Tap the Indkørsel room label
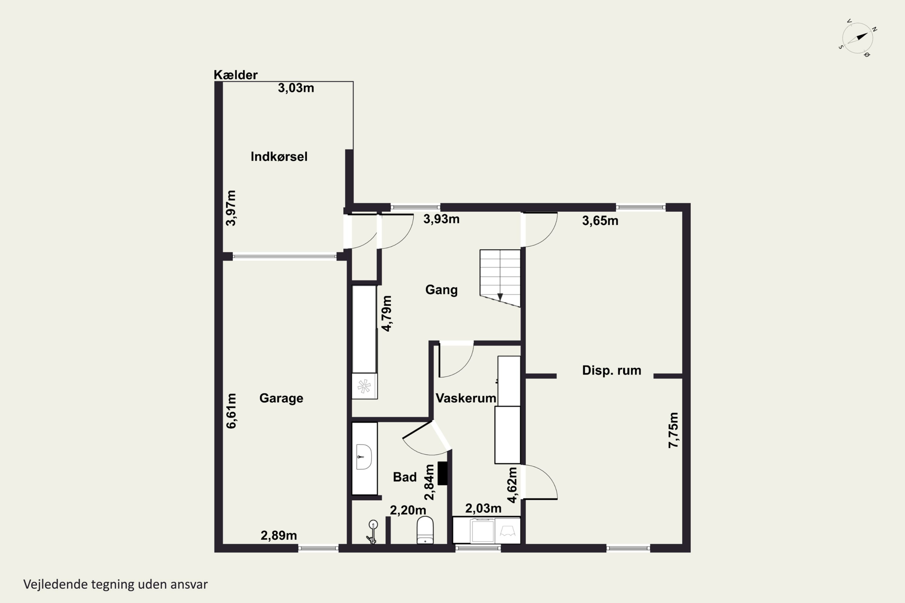pyautogui.click(x=279, y=156)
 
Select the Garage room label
pyautogui.click(x=281, y=398)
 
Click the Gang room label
pyautogui.click(x=441, y=289)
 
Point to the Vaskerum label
pyautogui.click(x=465, y=398)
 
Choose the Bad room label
pyautogui.click(x=405, y=477)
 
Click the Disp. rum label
pyautogui.click(x=611, y=370)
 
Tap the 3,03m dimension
pyautogui.click(x=296, y=88)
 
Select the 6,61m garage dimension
pyautogui.click(x=231, y=411)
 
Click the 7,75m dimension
pyautogui.click(x=673, y=430)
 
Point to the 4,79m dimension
pyautogui.click(x=386, y=314)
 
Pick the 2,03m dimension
pyautogui.click(x=483, y=508)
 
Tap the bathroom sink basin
pyautogui.click(x=364, y=457)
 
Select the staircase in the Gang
pyautogui.click(x=500, y=278)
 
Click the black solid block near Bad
pyautogui.click(x=443, y=473)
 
